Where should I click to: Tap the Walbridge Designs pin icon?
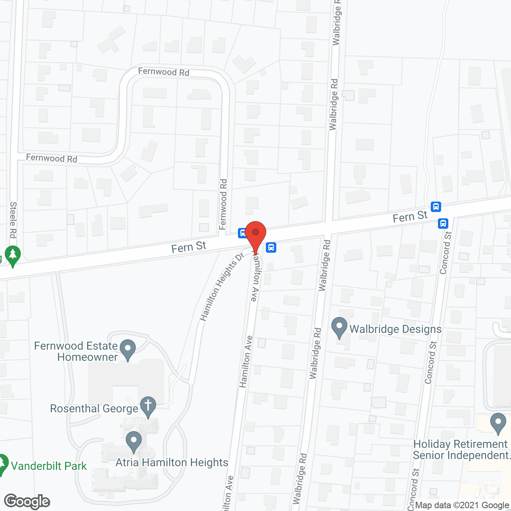point(339,327)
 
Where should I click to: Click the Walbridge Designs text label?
point(395,329)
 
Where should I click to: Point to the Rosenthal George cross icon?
point(148,406)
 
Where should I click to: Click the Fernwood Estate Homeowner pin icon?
point(128,349)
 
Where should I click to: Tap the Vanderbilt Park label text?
point(49,466)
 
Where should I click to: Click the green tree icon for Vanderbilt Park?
point(2,464)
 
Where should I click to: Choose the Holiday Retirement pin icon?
point(498,423)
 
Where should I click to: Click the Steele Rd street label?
point(13,220)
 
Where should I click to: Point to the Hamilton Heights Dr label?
point(222,286)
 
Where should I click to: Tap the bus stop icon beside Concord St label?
point(443,223)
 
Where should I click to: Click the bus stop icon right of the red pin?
point(271,248)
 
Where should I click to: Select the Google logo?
point(27,501)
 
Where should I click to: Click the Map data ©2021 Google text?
point(462,505)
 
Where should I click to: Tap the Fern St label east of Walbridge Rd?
point(410,217)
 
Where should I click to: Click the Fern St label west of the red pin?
point(188,247)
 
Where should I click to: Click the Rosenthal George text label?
point(94,409)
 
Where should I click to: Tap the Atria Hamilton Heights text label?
point(172,462)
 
